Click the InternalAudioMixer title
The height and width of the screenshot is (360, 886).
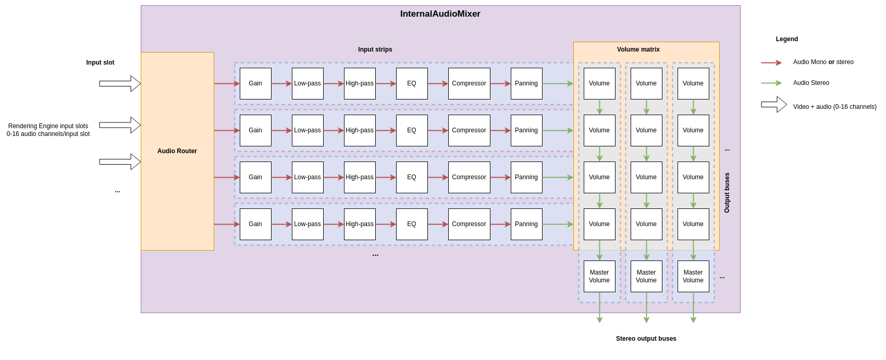[440, 14]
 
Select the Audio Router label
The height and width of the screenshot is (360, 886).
[177, 151]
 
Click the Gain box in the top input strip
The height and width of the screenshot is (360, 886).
[255, 83]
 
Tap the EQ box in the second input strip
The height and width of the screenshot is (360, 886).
[412, 130]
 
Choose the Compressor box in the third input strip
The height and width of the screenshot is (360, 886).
[469, 177]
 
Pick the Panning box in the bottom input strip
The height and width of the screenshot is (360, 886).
[526, 224]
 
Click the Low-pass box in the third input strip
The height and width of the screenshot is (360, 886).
[307, 177]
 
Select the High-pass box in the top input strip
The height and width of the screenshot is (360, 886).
[360, 83]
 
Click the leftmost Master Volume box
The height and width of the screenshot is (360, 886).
[599, 276]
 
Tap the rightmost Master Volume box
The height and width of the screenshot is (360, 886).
[693, 276]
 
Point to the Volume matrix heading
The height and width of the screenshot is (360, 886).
[638, 49]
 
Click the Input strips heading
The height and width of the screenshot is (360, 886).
[375, 49]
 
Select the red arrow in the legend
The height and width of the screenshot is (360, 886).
[771, 63]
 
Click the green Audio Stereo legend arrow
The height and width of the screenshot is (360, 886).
[771, 83]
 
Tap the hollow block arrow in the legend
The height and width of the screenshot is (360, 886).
[774, 105]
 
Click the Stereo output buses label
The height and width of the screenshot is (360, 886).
[646, 339]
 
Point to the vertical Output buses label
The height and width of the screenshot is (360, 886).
[727, 193]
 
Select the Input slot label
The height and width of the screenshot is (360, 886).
[100, 63]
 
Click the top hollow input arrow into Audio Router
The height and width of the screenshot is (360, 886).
[120, 83]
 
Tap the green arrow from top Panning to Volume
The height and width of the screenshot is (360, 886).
[558, 83]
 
